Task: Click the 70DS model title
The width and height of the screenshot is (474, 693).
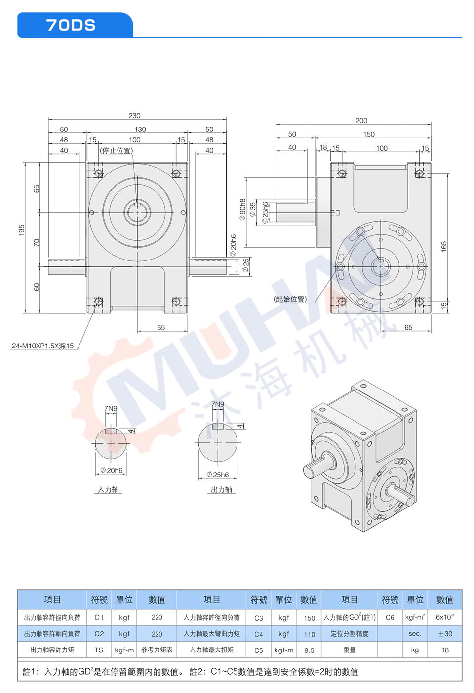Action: click(71, 25)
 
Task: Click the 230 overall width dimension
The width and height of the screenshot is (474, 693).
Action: click(134, 115)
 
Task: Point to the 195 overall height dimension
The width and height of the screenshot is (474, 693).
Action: click(21, 230)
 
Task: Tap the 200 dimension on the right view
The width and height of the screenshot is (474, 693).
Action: click(361, 120)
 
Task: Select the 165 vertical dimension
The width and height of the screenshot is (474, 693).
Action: click(444, 246)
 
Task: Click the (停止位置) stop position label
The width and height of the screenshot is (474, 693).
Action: click(116, 151)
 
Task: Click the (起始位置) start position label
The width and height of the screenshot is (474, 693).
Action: click(290, 299)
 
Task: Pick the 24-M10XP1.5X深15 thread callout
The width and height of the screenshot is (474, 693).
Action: click(42, 346)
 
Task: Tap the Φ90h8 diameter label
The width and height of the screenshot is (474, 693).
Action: click(242, 209)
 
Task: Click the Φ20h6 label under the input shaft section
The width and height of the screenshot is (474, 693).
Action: click(112, 470)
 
